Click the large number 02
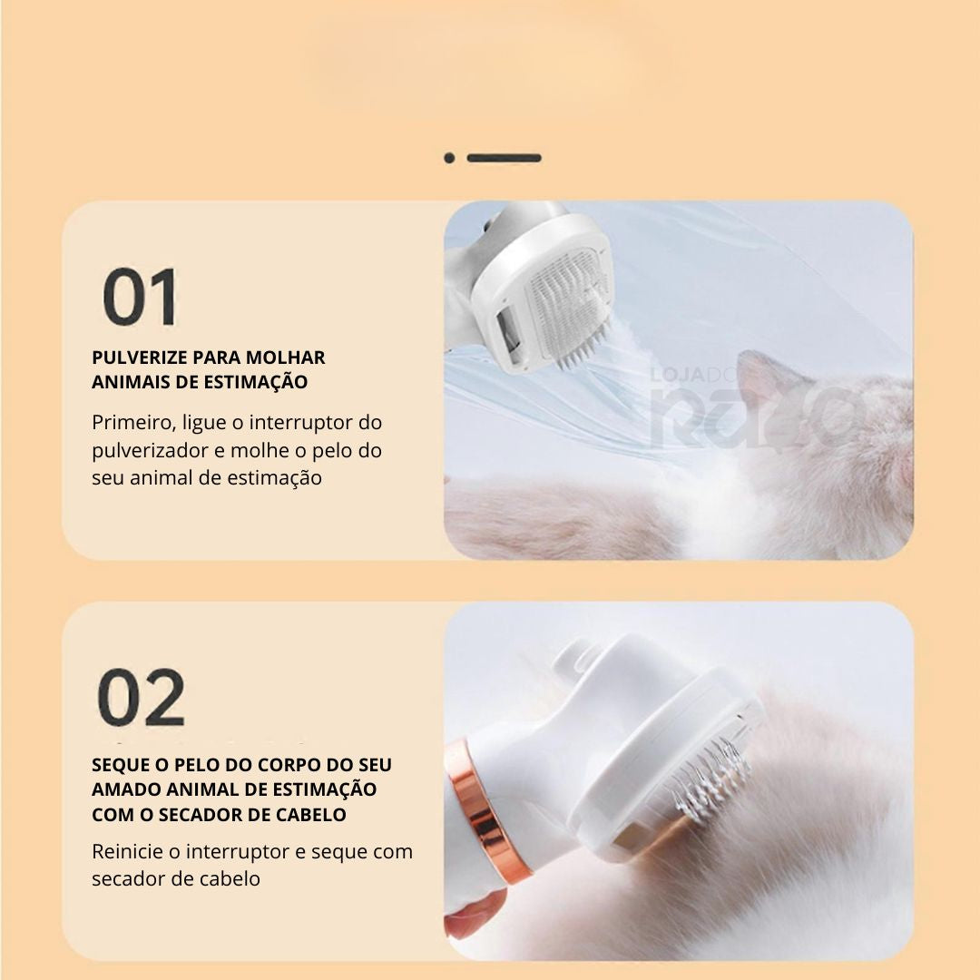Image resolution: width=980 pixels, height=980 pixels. click(x=142, y=697)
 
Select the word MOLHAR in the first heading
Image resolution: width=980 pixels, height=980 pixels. click(x=285, y=358)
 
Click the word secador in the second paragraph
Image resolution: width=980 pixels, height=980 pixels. click(x=128, y=878)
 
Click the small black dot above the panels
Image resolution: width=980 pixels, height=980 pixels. click(x=449, y=158)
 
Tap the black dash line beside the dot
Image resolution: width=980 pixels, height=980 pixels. click(x=504, y=158)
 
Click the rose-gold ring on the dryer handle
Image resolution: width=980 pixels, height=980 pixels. click(x=486, y=812)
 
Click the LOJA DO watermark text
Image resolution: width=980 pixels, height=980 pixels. click(x=694, y=375)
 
